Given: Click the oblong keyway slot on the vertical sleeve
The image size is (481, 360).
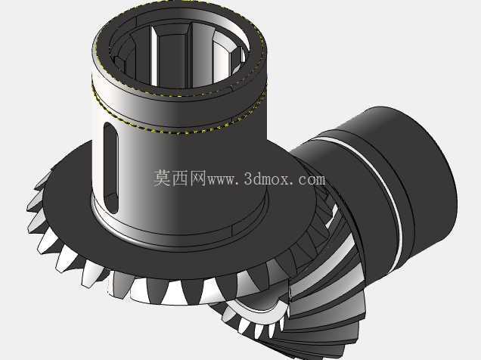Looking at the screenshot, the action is pos(111,167).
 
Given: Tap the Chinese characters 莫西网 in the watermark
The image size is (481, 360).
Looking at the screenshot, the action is pos(179,178).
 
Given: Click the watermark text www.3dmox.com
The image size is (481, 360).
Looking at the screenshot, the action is pos(266,178).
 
